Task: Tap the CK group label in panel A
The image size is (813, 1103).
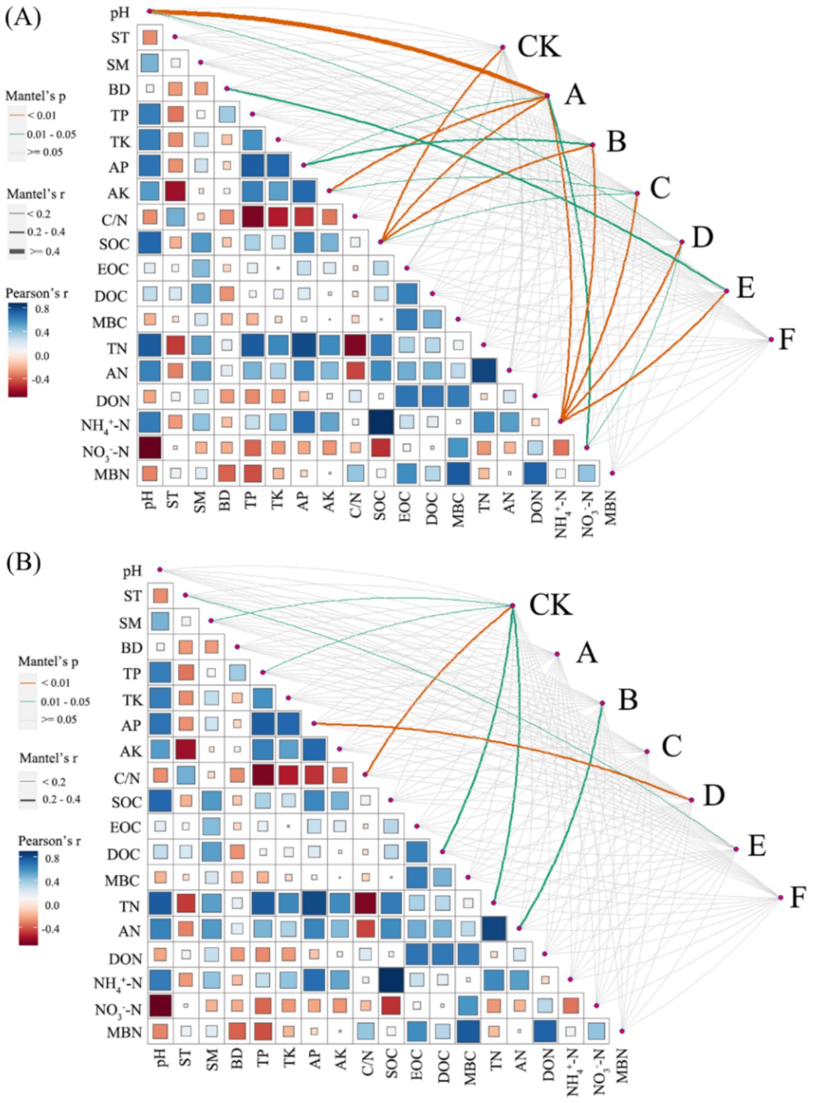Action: click(538, 46)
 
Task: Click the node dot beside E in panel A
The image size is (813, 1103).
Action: click(726, 291)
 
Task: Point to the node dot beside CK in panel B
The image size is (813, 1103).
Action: click(512, 605)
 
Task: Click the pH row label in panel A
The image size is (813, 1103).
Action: click(119, 13)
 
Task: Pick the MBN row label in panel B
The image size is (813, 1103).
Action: click(124, 1032)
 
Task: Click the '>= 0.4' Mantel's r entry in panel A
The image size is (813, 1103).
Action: click(44, 252)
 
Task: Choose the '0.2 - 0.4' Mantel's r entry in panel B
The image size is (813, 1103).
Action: click(61, 799)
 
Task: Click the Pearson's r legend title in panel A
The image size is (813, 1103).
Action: click(37, 294)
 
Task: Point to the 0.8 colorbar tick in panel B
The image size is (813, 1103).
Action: click(52, 858)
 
